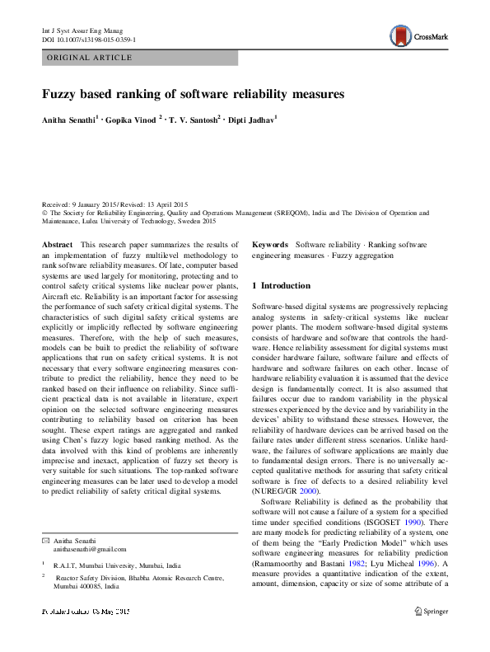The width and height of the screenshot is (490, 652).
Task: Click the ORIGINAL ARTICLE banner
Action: (90, 58)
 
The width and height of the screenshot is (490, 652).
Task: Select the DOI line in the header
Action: (88, 40)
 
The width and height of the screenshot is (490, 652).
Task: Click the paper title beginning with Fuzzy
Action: (193, 94)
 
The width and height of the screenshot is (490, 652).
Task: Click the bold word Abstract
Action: (57, 246)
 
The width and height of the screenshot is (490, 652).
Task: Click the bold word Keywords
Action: (269, 246)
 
